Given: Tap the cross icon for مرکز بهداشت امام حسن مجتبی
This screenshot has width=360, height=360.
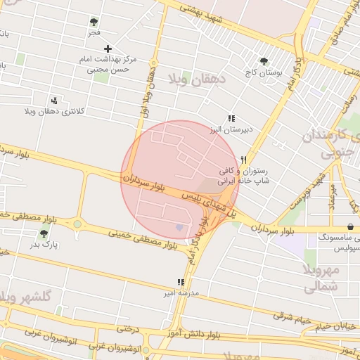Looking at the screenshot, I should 107,49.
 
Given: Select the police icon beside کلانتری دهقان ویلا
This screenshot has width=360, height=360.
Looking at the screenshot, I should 55,101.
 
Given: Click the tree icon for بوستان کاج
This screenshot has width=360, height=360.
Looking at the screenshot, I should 264,61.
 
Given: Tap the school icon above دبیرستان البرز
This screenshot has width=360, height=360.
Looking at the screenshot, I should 230,119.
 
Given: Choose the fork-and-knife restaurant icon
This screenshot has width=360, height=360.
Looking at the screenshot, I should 243,160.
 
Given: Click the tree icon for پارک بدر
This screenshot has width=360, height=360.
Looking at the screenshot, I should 44,233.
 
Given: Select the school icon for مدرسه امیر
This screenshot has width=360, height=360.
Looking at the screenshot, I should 181,282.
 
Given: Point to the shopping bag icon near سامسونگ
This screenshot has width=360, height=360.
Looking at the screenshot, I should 349,226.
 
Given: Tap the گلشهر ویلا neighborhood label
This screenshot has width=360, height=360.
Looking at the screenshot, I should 27,296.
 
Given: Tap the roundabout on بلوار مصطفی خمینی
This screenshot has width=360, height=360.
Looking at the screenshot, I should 77,224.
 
